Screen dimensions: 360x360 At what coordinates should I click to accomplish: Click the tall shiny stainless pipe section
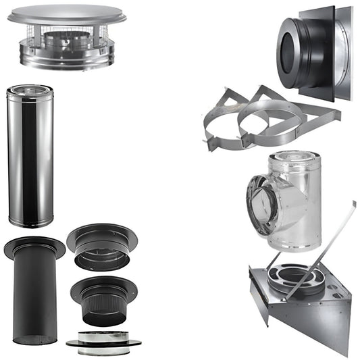(x=30, y=159)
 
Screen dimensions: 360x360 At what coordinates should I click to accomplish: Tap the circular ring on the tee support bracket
(x=297, y=277)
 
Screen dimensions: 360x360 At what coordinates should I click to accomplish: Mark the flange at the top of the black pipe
(x=34, y=247)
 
